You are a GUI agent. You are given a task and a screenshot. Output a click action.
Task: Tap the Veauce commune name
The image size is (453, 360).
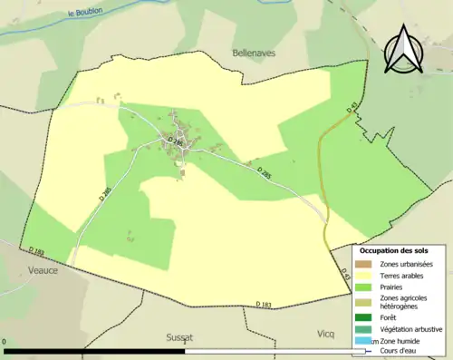point(42,270)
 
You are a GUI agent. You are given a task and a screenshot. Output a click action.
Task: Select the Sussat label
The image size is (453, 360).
point(179,336)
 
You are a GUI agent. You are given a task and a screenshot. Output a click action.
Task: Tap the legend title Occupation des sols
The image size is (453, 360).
point(394,249)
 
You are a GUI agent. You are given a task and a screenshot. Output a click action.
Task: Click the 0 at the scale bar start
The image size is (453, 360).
point(5,344)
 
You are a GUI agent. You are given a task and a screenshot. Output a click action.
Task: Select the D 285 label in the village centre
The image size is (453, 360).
point(175,141)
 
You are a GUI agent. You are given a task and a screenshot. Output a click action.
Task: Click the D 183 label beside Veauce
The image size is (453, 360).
point(36,251)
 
